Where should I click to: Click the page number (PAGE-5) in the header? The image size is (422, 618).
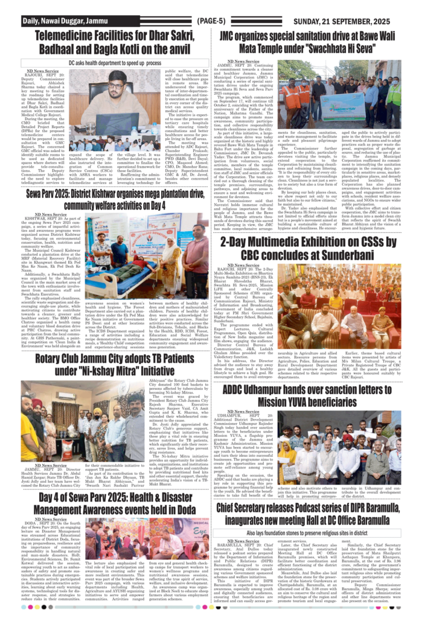[x=211, y=21]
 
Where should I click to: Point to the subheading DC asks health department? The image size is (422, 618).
[x=106, y=62]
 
